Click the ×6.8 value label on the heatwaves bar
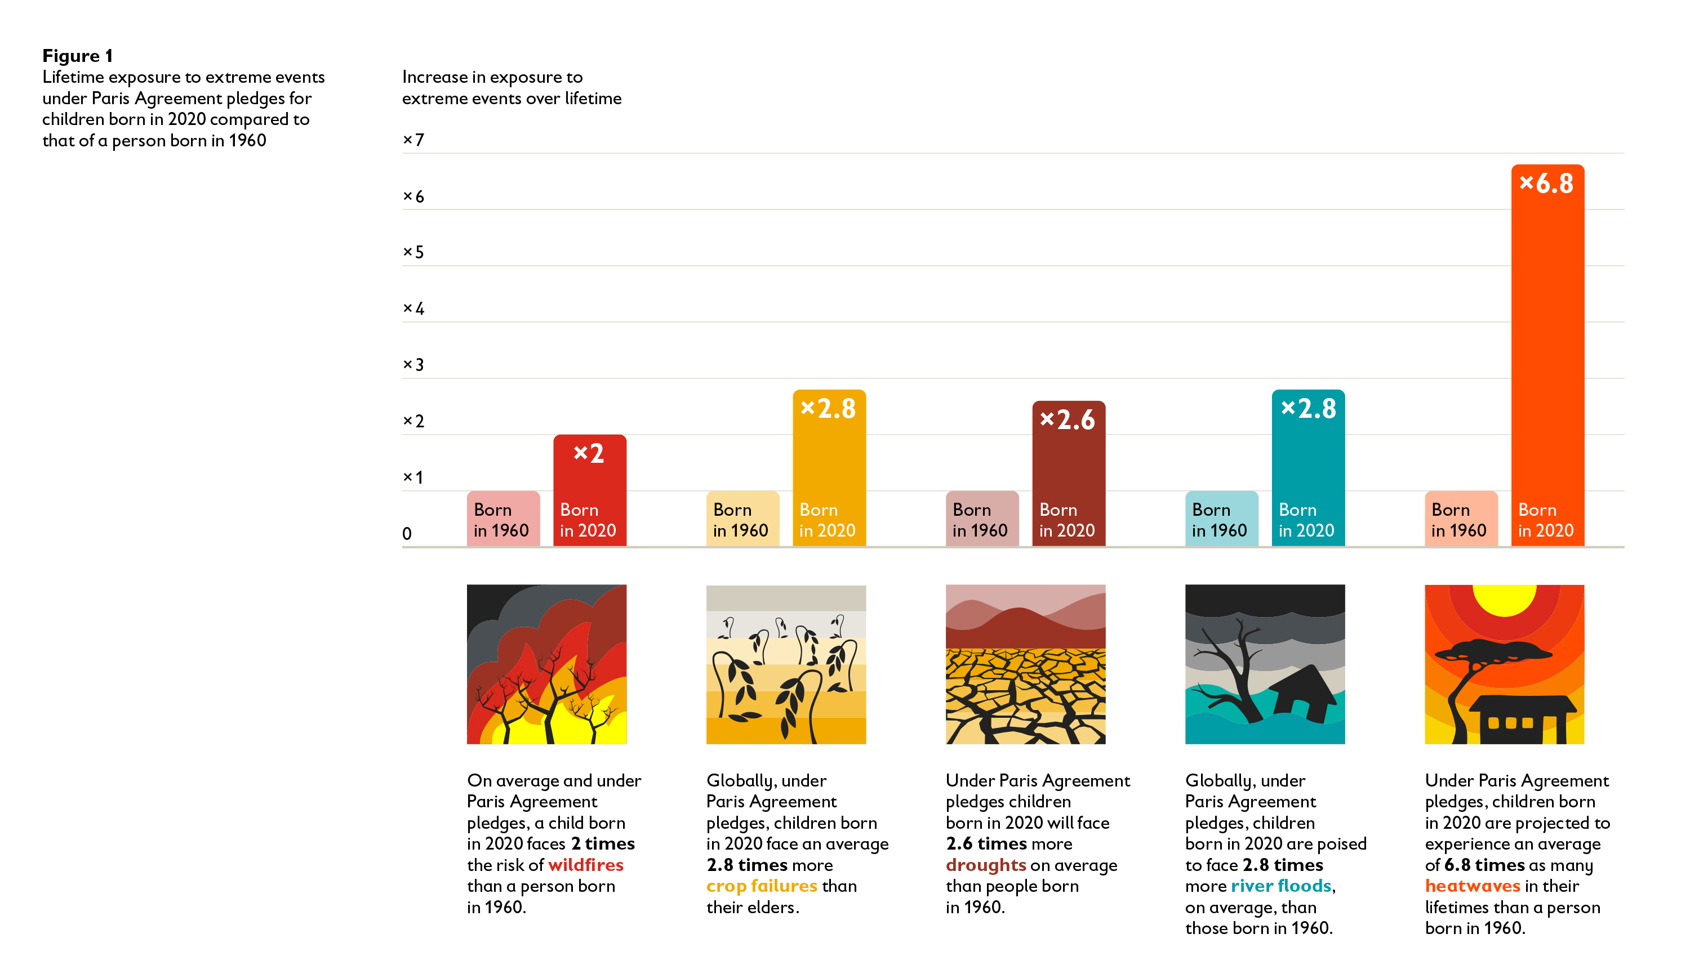click(x=1546, y=184)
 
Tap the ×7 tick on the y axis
click(x=413, y=140)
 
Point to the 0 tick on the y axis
click(x=407, y=534)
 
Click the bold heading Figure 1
click(x=78, y=56)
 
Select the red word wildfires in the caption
click(x=586, y=865)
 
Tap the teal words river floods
click(x=1281, y=886)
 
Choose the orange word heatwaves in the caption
click(x=1473, y=886)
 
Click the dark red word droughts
click(x=985, y=865)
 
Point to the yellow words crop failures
click(x=762, y=886)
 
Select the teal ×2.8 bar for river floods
click(x=1308, y=468)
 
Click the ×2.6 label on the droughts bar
click(x=1068, y=420)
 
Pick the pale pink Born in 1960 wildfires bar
click(x=502, y=519)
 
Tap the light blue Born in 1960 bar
click(x=1221, y=519)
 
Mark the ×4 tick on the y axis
click(x=413, y=309)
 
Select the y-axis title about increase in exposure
click(x=512, y=88)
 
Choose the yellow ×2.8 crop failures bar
click(x=829, y=468)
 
